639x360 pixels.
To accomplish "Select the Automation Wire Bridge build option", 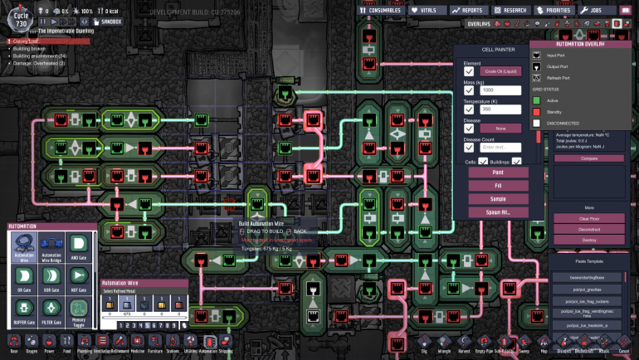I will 51,246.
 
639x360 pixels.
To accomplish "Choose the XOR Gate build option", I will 51,278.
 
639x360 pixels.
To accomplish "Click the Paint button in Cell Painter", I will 498,173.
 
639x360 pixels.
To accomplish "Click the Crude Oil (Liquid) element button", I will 500,71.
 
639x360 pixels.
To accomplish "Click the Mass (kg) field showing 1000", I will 500,90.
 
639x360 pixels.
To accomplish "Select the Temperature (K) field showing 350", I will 500,109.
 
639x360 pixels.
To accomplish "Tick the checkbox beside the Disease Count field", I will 469,147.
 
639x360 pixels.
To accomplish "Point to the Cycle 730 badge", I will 22,16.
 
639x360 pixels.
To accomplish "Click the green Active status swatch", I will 537,100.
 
